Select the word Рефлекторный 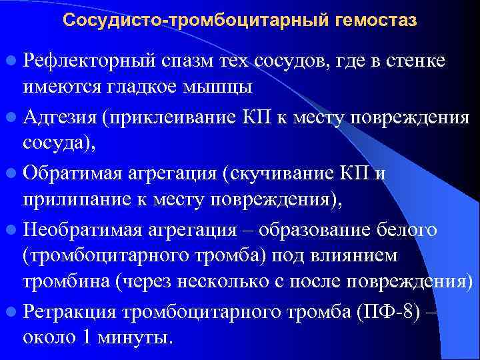(90, 62)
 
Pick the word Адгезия (60, 118)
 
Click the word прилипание (70, 199)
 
